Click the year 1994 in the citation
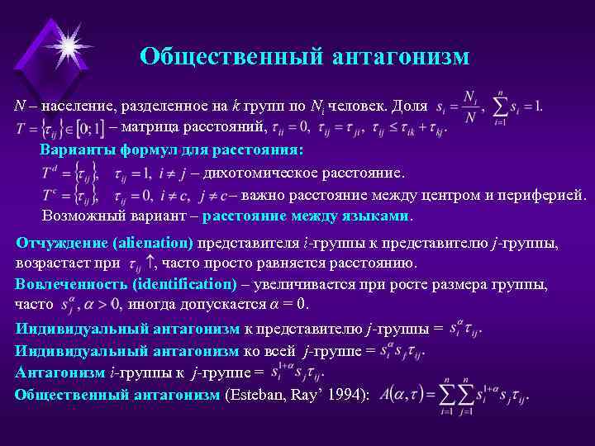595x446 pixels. point(350,395)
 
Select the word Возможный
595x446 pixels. point(79,216)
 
